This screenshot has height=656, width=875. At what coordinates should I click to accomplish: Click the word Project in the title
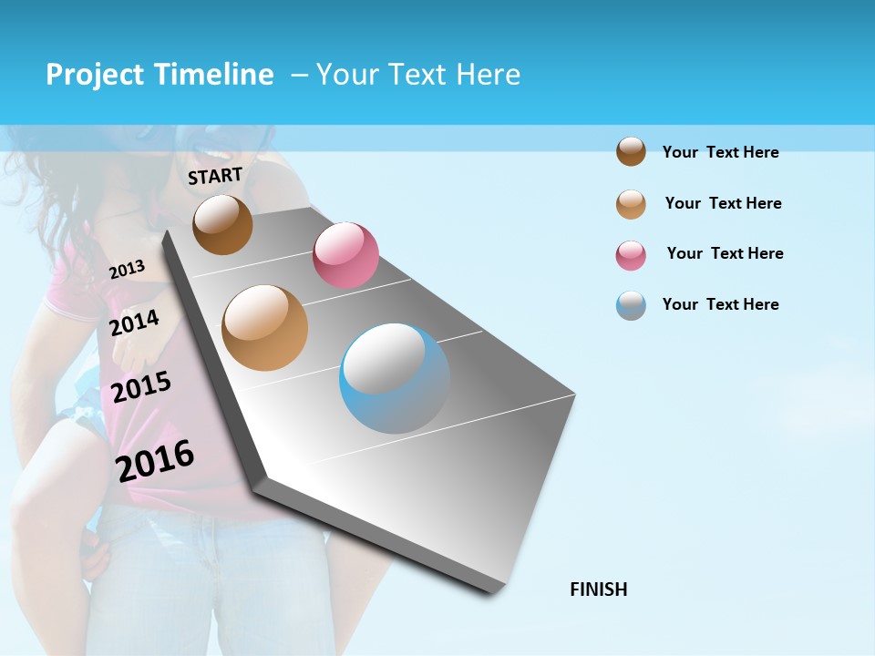pyautogui.click(x=96, y=75)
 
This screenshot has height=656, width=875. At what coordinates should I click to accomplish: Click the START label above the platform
pyautogui.click(x=215, y=176)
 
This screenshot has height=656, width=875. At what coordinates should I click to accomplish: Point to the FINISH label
pyautogui.click(x=599, y=589)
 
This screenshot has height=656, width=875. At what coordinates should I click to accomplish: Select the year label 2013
pyautogui.click(x=127, y=269)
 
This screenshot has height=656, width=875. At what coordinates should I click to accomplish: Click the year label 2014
pyautogui.click(x=134, y=323)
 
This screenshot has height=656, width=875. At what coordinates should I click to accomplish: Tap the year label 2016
pyautogui.click(x=155, y=461)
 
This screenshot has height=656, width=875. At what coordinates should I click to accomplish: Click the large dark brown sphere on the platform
pyautogui.click(x=222, y=224)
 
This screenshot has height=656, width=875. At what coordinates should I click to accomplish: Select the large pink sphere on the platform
pyautogui.click(x=345, y=255)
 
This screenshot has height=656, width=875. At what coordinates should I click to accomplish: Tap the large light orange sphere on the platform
pyautogui.click(x=264, y=328)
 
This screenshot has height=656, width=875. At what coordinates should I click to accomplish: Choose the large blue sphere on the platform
pyautogui.click(x=395, y=378)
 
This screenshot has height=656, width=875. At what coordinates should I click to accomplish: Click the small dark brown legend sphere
pyautogui.click(x=631, y=151)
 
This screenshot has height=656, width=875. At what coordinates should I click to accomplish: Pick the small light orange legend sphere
pyautogui.click(x=631, y=204)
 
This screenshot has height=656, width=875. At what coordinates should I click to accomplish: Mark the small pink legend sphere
pyautogui.click(x=631, y=255)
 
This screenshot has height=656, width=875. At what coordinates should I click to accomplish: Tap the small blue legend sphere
pyautogui.click(x=631, y=305)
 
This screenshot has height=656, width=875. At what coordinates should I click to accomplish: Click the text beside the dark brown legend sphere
pyautogui.click(x=720, y=152)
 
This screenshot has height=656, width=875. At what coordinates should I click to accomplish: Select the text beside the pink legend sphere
pyautogui.click(x=725, y=253)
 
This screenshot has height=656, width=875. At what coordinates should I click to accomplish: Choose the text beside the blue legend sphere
pyautogui.click(x=720, y=304)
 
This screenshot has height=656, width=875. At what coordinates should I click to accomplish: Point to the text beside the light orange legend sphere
pyautogui.click(x=723, y=203)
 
